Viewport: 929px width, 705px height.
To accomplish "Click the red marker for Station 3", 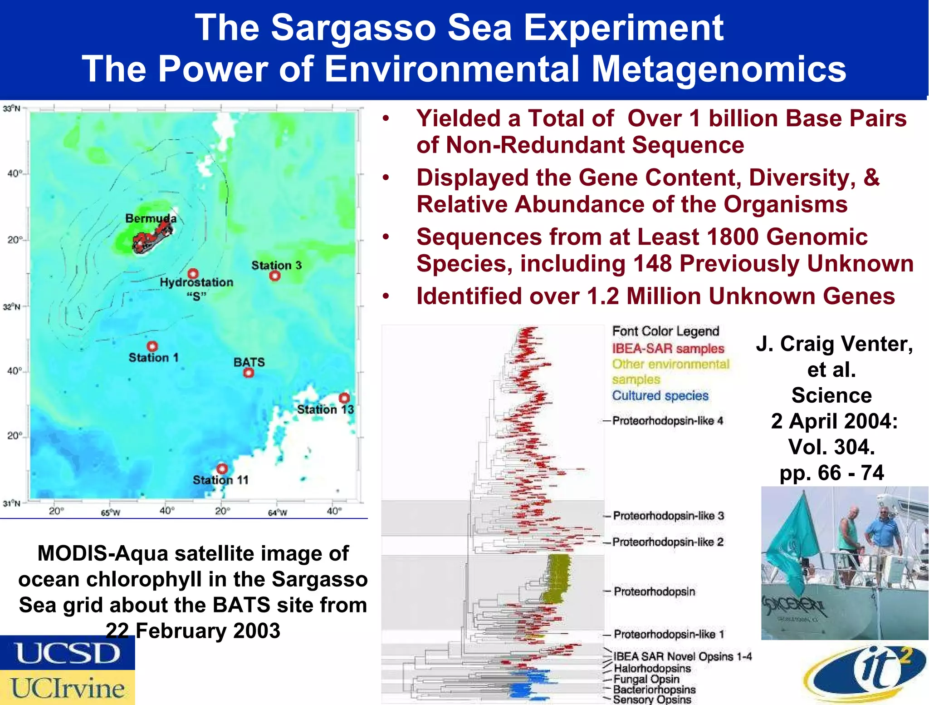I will pos(274,276).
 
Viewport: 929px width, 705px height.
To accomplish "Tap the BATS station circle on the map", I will pos(248,373).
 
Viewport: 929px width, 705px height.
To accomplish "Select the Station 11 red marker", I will pos(222,468).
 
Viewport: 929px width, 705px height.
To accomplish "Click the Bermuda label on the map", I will pos(151,218).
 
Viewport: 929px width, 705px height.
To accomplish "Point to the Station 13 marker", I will pos(344,398).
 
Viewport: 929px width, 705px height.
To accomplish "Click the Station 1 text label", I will pos(153,358).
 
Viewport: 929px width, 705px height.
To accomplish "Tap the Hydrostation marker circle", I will pos(193,273).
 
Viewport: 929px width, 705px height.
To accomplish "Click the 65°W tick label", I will pos(110,513).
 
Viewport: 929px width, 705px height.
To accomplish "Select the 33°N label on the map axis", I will pos(12,108).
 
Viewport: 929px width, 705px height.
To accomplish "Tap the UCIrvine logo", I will pos(67,688).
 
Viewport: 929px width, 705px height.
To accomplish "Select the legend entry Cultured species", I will pos(660,395).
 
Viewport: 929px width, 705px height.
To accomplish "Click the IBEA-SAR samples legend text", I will pos(668,348).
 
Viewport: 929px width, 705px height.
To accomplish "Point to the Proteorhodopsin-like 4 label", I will pos(667,421).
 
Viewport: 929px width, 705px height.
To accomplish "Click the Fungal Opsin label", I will pos(646,679).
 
